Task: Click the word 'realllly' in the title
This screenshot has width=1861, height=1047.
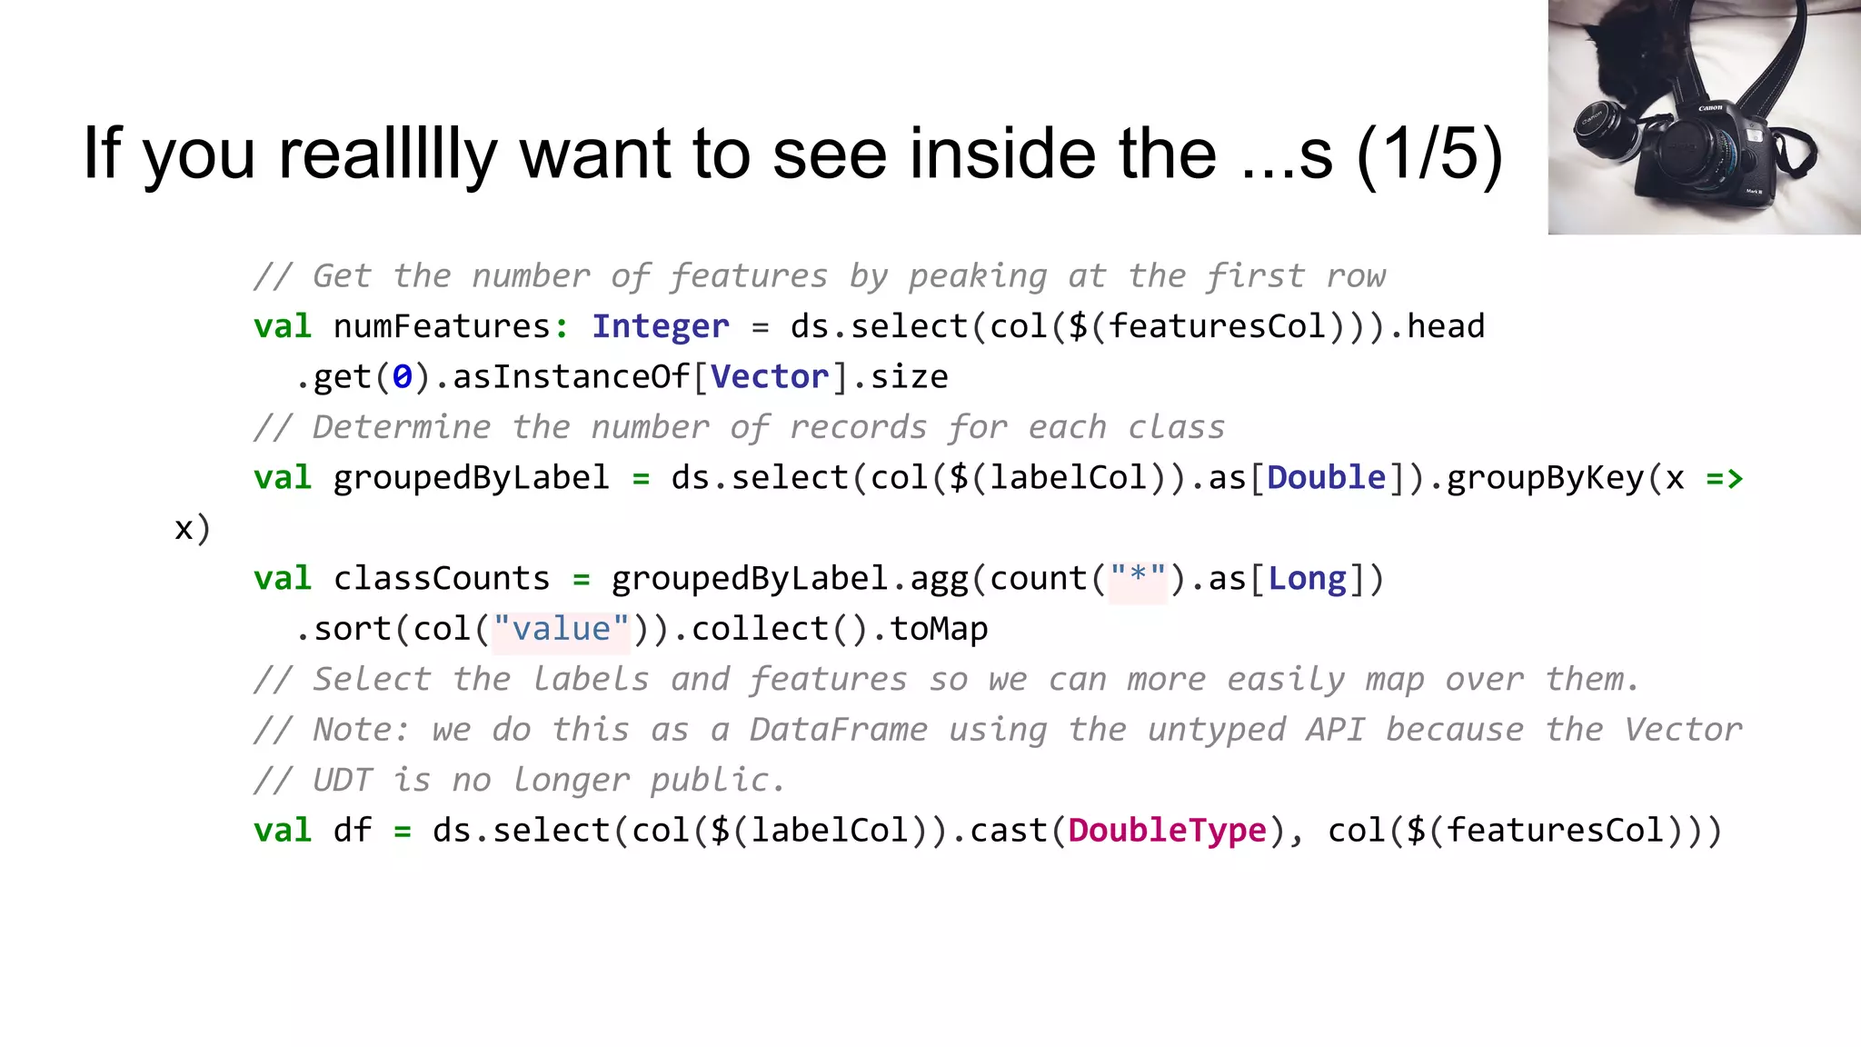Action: coord(387,155)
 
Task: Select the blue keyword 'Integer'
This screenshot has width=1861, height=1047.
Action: coord(661,326)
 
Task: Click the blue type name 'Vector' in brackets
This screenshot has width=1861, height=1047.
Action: coord(770,377)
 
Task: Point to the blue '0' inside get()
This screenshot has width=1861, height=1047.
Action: coord(402,377)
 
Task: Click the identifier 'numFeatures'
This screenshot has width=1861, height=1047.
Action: coord(442,326)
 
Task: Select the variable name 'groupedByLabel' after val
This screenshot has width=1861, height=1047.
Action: coord(471,478)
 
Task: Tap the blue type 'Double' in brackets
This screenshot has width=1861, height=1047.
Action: coord(1326,478)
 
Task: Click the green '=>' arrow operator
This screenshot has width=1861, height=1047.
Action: coord(1724,478)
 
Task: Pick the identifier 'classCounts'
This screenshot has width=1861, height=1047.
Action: coord(442,579)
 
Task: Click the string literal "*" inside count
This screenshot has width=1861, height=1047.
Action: coord(1138,578)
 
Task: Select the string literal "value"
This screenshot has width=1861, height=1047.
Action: coord(561,629)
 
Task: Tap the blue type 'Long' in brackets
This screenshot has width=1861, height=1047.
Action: coord(1307,579)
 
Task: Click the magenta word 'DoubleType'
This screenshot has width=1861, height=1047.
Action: coord(1167,831)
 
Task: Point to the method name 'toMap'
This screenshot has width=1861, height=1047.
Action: coord(939,629)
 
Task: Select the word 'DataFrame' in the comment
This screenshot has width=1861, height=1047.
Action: coord(838,730)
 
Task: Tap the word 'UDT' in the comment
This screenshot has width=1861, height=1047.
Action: coord(343,781)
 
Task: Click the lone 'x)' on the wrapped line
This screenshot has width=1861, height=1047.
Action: coord(193,529)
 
